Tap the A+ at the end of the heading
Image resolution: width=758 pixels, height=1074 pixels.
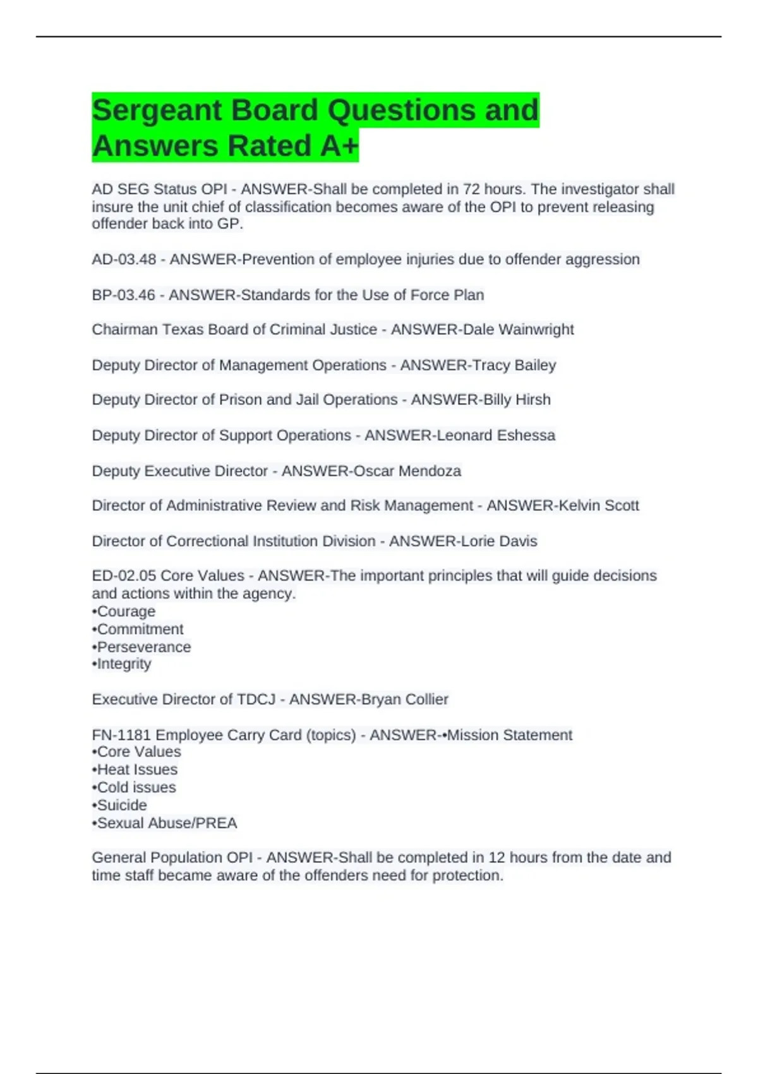(x=339, y=146)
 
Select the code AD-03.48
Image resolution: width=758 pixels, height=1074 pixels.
(x=124, y=260)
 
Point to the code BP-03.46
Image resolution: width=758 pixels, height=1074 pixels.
(x=123, y=295)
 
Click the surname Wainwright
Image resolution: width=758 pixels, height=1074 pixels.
(x=536, y=330)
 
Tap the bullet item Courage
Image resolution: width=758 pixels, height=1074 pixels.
(x=126, y=612)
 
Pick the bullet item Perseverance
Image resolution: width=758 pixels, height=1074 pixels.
(x=143, y=647)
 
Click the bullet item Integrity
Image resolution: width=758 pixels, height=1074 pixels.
(x=124, y=664)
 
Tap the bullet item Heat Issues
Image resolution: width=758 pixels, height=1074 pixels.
(x=137, y=769)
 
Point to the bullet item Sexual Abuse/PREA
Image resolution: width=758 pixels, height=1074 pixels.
(x=167, y=823)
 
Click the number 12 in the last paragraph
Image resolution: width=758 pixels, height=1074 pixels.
(x=496, y=858)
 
